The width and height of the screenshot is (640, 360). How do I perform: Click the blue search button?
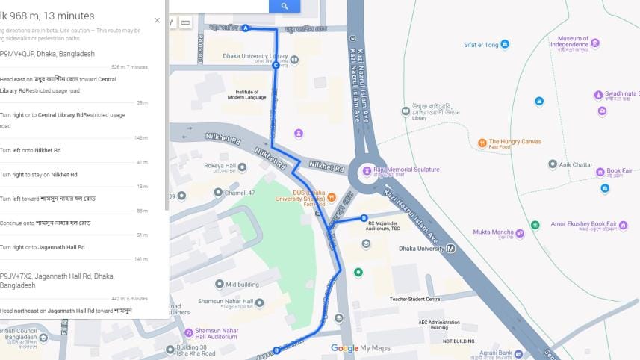pyautogui.click(x=285, y=6)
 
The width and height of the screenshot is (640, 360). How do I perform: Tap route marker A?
pyautogui.click(x=245, y=28)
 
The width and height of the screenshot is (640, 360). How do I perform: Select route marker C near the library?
pyautogui.click(x=276, y=65)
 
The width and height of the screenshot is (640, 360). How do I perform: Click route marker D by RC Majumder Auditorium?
pyautogui.click(x=364, y=218)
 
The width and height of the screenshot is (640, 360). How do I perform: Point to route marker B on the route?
pyautogui.click(x=276, y=350)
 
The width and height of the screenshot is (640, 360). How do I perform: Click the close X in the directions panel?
pyautogui.click(x=157, y=20)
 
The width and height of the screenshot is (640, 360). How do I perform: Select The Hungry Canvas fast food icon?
pyautogui.click(x=482, y=141)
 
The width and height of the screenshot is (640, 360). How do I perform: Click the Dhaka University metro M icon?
pyautogui.click(x=450, y=249)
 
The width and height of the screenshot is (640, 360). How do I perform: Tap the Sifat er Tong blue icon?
pyautogui.click(x=505, y=45)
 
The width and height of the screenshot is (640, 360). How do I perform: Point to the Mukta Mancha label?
pyautogui.click(x=493, y=232)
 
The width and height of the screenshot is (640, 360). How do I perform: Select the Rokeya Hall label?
pyautogui.click(x=220, y=166)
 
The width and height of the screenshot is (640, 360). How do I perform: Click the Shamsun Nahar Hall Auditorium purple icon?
pyautogui.click(x=189, y=332)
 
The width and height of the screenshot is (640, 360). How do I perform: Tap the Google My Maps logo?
pyautogui.click(x=361, y=348)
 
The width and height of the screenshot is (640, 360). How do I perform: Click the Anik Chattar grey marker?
pyautogui.click(x=553, y=164)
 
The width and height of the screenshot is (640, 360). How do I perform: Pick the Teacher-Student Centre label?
pyautogui.click(x=414, y=299)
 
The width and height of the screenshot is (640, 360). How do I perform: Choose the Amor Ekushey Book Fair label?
pyautogui.click(x=583, y=223)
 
